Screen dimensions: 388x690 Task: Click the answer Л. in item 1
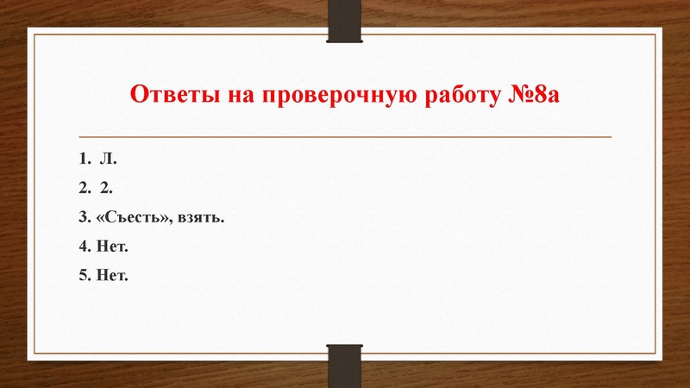point(108,160)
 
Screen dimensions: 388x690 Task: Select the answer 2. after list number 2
point(107,189)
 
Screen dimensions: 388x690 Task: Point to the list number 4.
point(83,247)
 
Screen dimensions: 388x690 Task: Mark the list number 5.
point(83,276)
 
